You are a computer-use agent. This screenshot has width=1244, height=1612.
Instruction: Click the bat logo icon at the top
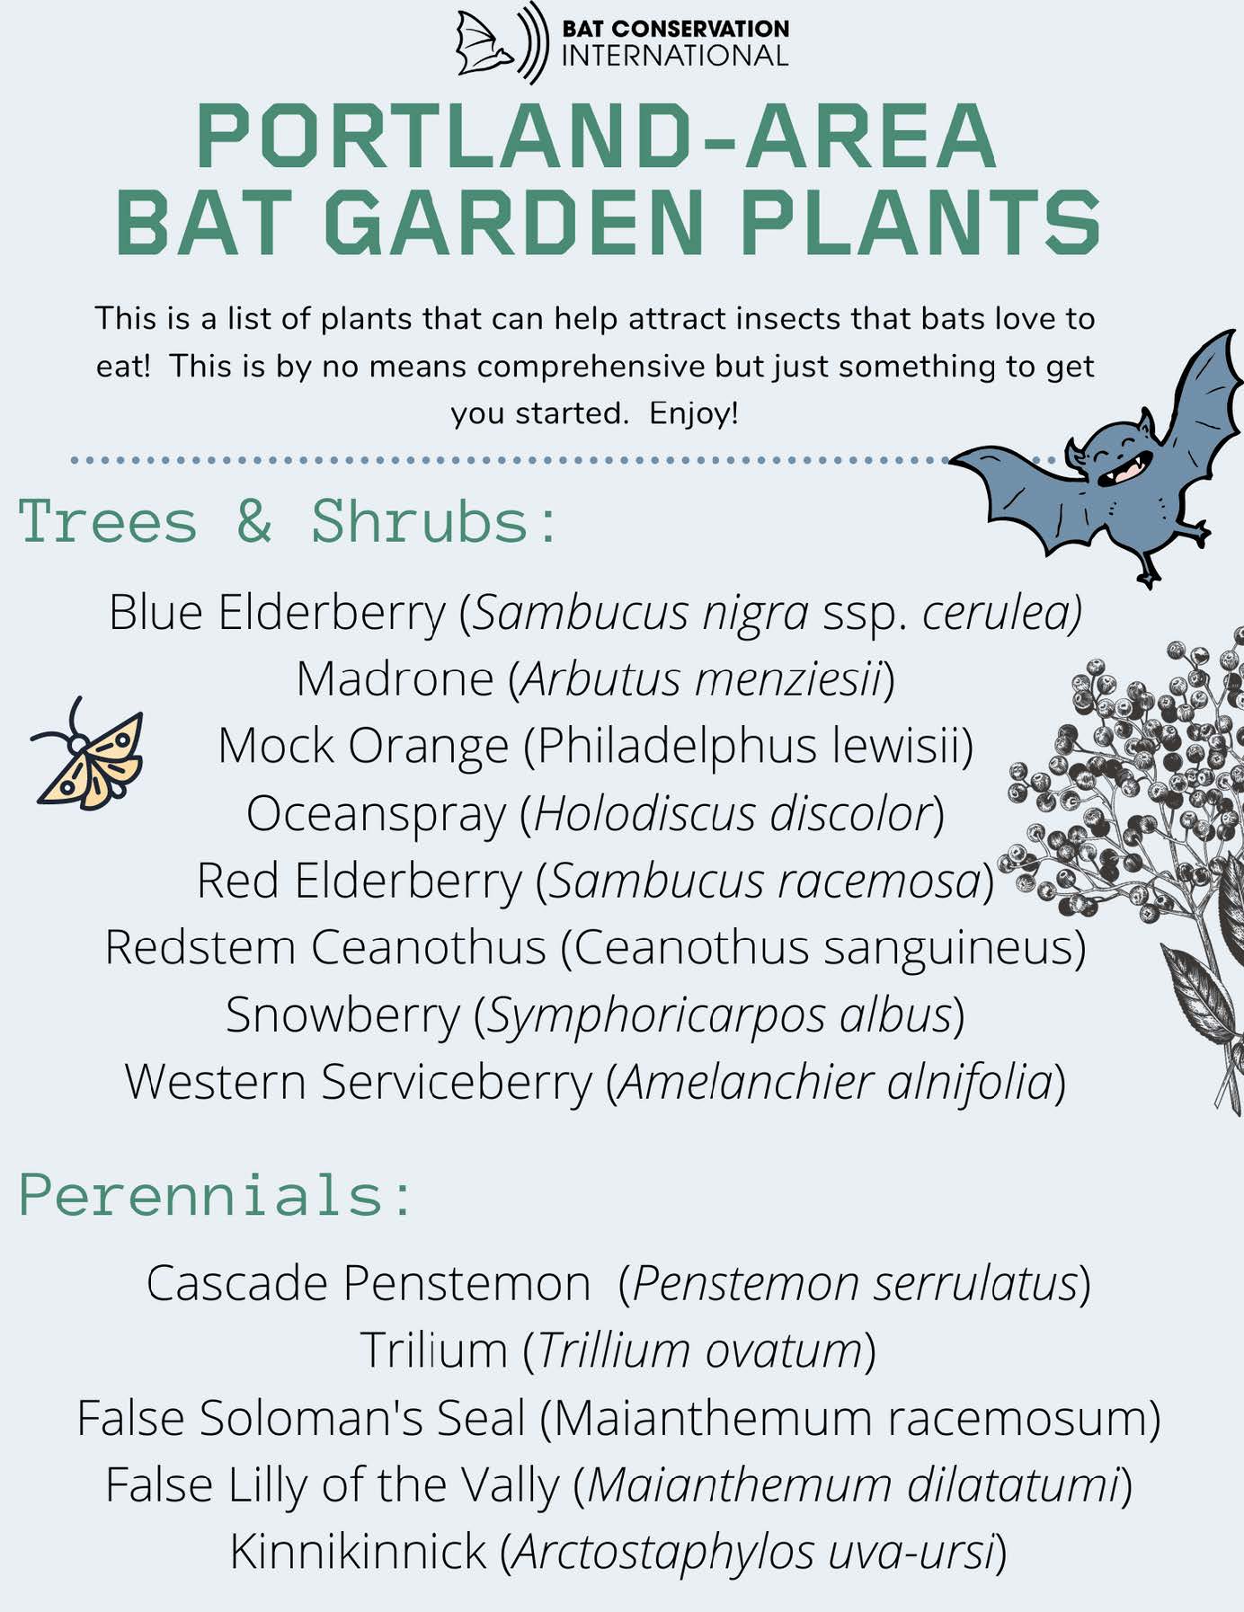tap(501, 42)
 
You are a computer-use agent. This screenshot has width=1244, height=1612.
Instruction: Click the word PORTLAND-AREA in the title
tap(596, 136)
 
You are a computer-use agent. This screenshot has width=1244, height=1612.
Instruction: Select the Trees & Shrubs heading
tap(287, 522)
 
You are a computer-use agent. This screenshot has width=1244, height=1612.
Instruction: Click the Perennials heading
tap(216, 1196)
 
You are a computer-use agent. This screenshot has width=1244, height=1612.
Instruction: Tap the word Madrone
tap(395, 679)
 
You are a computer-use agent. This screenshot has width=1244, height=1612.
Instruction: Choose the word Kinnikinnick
tap(358, 1553)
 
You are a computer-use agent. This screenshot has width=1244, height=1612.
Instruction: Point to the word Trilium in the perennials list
tap(433, 1351)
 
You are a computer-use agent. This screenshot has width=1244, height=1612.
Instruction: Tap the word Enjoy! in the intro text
tap(693, 414)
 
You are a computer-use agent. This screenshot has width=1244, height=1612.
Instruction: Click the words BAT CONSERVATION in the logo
tap(675, 29)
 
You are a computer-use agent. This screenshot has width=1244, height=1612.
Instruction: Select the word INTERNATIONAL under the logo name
tap(675, 56)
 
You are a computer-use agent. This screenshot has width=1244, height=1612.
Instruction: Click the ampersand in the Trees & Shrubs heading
tap(254, 521)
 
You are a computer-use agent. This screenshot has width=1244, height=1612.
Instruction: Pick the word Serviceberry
tap(457, 1083)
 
